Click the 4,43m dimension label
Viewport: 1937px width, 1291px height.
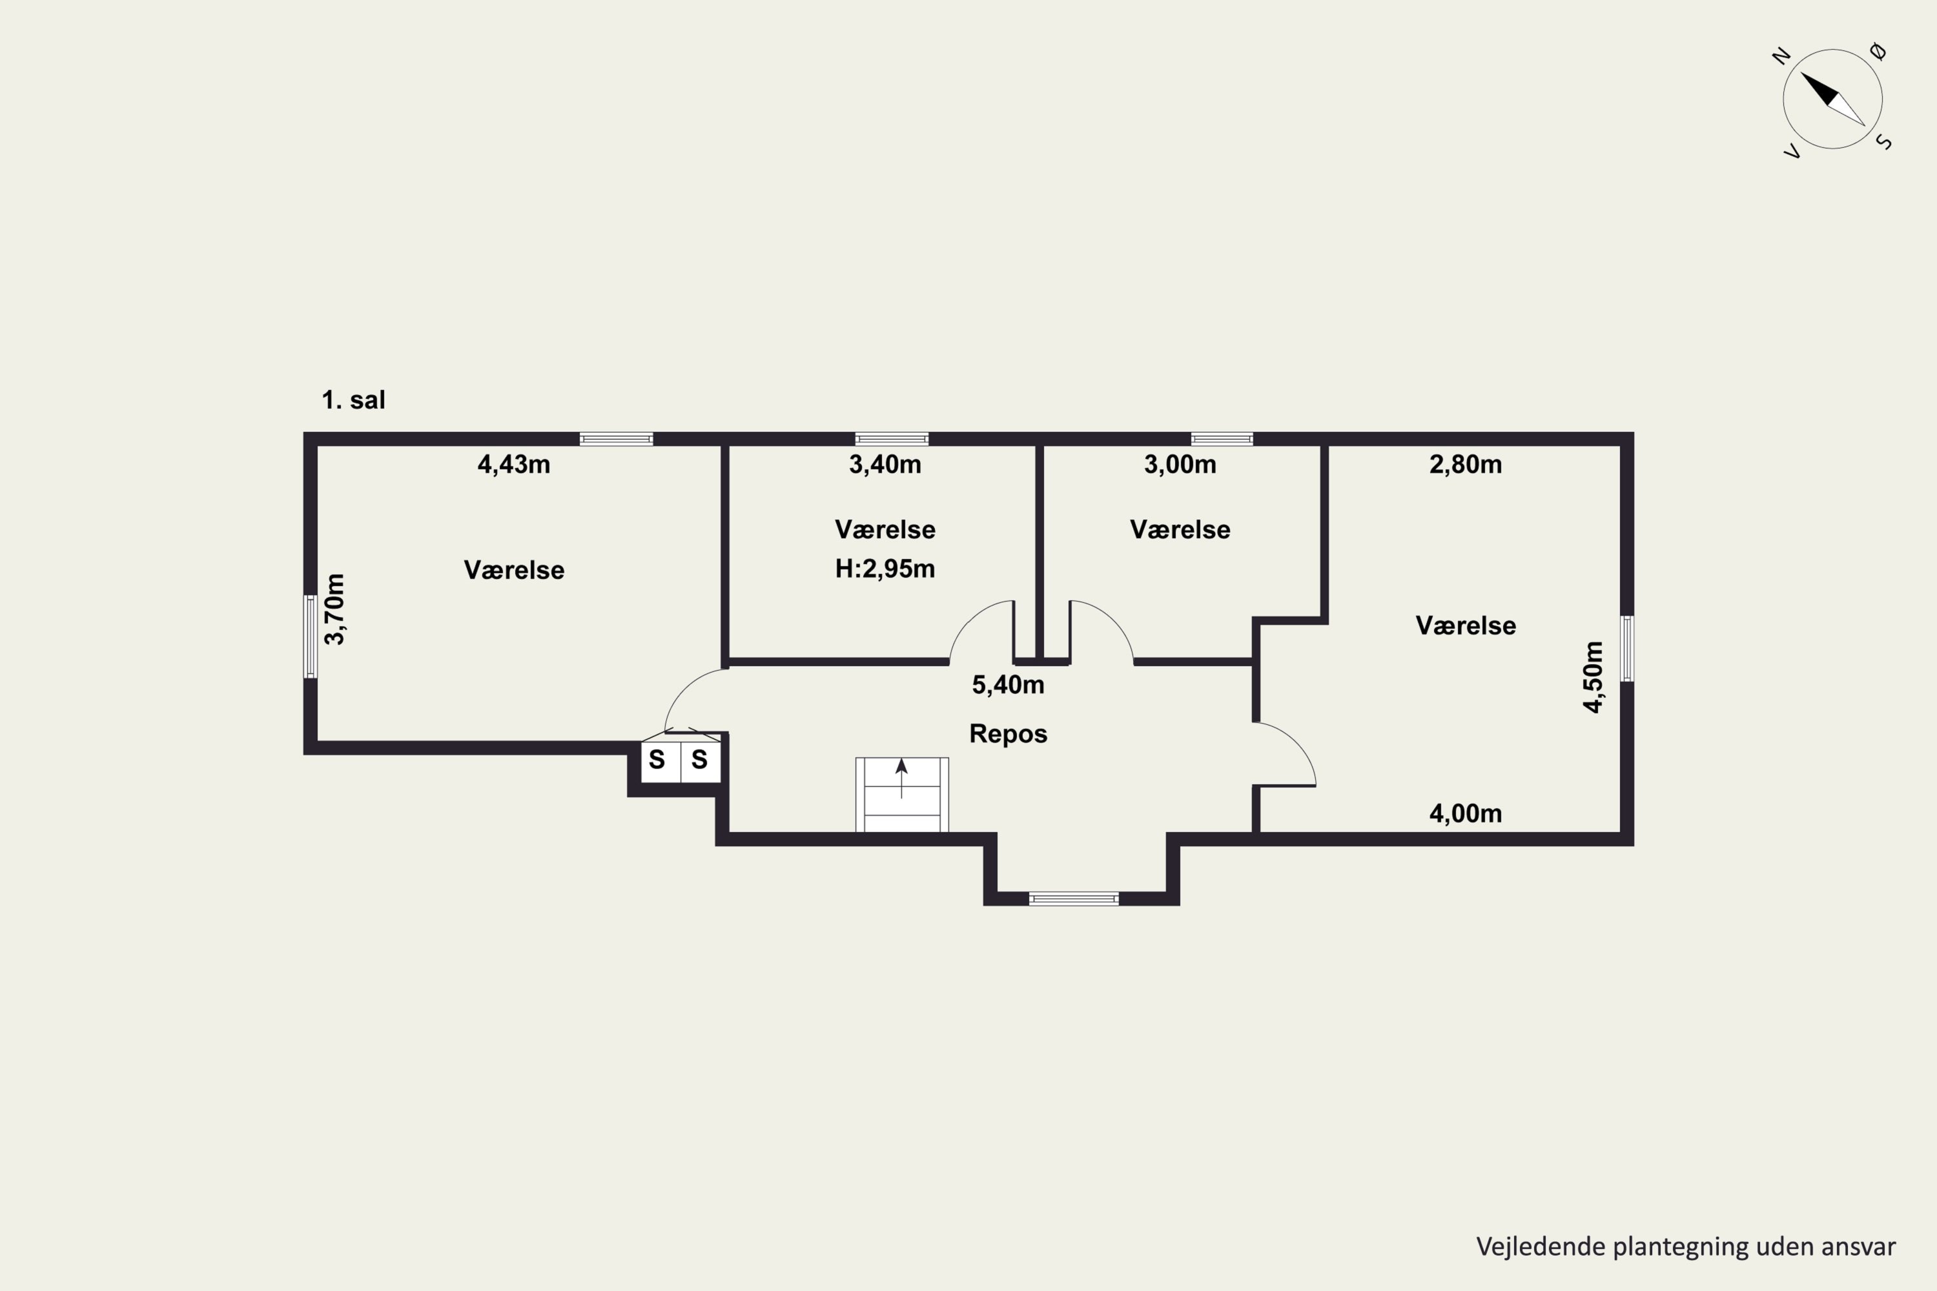(514, 464)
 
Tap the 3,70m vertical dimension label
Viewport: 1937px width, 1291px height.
(334, 609)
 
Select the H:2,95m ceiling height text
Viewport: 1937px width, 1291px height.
(885, 569)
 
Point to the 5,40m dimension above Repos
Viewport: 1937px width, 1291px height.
(1008, 684)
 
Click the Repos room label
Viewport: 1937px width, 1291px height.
(1008, 733)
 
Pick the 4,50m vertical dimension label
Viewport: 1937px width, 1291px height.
(1594, 676)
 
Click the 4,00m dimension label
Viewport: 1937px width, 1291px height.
(1466, 813)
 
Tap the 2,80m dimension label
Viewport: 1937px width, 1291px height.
(1466, 464)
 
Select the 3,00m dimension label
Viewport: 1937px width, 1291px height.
(1180, 464)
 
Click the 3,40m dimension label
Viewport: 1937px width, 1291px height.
(885, 464)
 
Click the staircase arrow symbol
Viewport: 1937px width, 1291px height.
(902, 778)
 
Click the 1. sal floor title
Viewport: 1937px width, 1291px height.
(353, 400)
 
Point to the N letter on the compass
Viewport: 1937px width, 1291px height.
(1781, 57)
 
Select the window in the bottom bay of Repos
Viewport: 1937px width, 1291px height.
(1074, 899)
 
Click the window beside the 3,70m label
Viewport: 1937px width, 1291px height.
(311, 636)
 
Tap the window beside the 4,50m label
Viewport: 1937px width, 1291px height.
(1627, 649)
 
